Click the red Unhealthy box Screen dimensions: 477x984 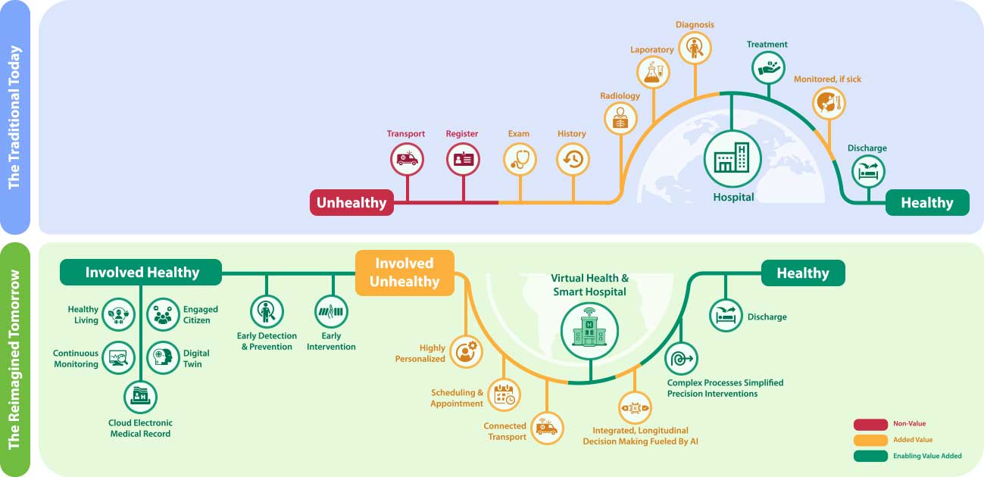point(351,203)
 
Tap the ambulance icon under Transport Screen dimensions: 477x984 point(407,160)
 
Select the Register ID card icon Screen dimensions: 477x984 point(463,160)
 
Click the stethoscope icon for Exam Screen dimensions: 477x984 point(520,160)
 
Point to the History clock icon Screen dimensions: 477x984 point(573,160)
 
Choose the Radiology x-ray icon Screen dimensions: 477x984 point(620,118)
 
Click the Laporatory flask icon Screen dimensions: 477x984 point(653,73)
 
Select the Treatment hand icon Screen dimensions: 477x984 point(768,67)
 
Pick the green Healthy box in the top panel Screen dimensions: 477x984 point(927,203)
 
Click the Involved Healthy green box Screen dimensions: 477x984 point(142,273)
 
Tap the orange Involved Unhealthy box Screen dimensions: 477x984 point(405,273)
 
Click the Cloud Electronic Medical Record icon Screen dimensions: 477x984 point(141,396)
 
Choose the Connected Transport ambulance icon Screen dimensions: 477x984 point(546,429)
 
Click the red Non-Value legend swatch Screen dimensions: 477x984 point(870,424)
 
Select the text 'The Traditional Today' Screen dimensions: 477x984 point(14,117)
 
